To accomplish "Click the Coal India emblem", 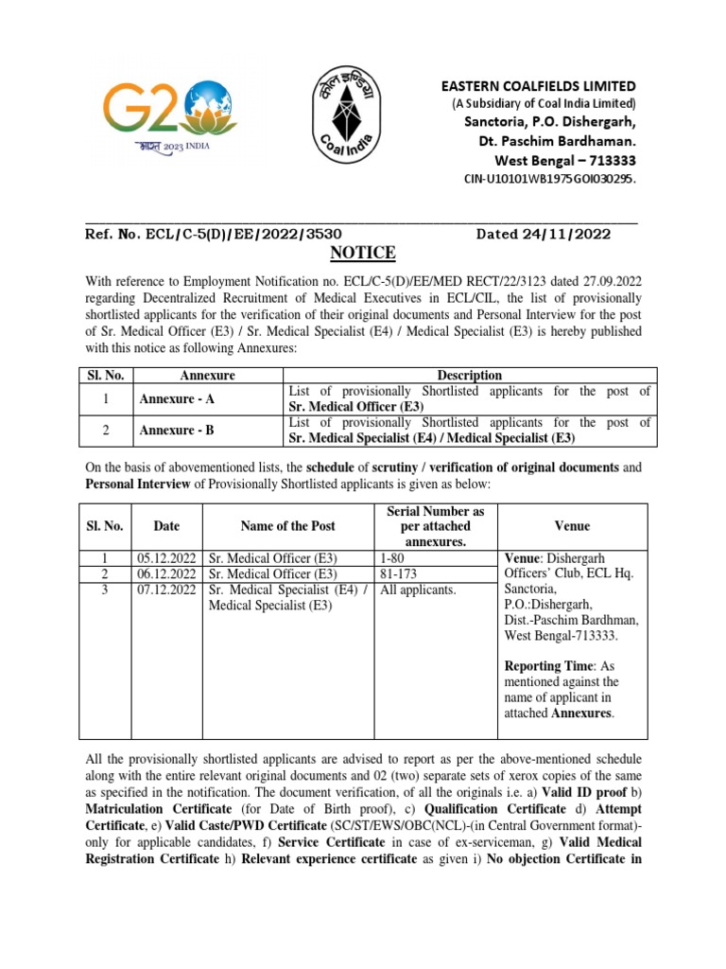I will point(362,120).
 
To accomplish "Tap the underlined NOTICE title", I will point(362,253).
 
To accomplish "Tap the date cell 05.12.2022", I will point(168,558).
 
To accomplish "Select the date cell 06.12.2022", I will point(168,573).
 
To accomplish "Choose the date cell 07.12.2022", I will point(168,590).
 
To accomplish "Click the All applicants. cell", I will point(418,590).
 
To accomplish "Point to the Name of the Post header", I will point(287,526).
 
